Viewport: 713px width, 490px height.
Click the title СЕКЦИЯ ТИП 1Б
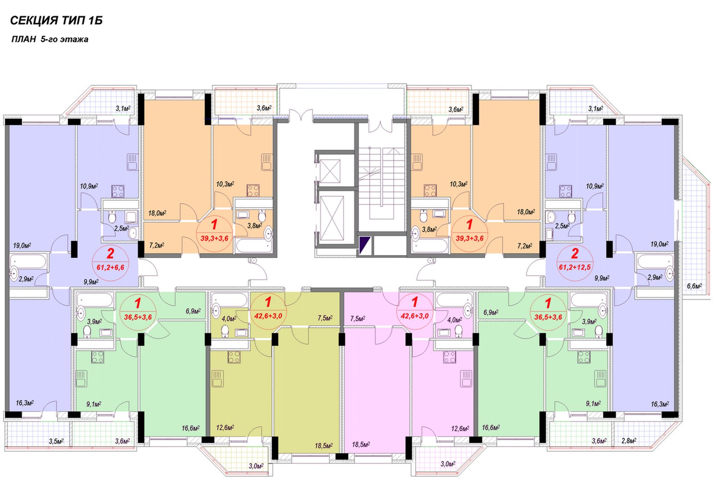pyautogui.click(x=56, y=20)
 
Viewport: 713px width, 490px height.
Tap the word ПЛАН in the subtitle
pyautogui.click(x=24, y=40)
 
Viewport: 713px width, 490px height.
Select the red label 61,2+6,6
pyautogui.click(x=111, y=268)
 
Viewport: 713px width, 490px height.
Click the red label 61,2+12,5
pyautogui.click(x=574, y=267)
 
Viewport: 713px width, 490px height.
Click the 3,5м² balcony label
pyautogui.click(x=56, y=441)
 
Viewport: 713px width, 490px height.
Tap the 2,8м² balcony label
pyautogui.click(x=629, y=441)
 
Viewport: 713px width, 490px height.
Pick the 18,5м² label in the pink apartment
pyautogui.click(x=361, y=444)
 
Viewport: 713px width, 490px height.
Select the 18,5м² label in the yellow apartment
pyautogui.click(x=324, y=446)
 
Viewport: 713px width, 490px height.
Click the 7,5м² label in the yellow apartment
pyautogui.click(x=325, y=318)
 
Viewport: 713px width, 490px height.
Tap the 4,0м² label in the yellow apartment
pyautogui.click(x=229, y=318)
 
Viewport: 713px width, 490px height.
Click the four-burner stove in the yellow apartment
pyautogui.click(x=234, y=357)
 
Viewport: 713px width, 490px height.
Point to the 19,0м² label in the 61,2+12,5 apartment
pyautogui.click(x=659, y=244)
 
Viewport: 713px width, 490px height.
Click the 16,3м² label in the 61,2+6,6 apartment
pyautogui.click(x=25, y=403)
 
